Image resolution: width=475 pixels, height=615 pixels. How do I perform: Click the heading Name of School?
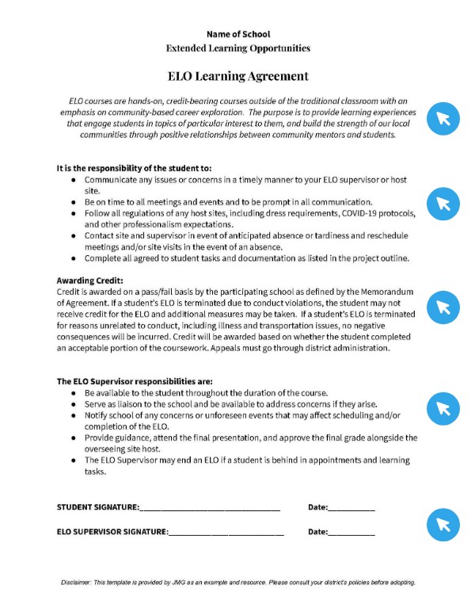pyautogui.click(x=237, y=34)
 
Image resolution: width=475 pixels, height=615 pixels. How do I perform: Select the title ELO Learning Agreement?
pyautogui.click(x=237, y=77)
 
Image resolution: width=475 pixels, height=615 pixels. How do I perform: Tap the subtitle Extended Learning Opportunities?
pyautogui.click(x=237, y=48)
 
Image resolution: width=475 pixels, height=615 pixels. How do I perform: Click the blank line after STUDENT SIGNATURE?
pyautogui.click(x=210, y=508)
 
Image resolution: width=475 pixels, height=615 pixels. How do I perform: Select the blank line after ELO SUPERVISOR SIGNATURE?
pyautogui.click(x=226, y=533)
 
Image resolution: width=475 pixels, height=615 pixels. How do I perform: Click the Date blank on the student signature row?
pyautogui.click(x=351, y=508)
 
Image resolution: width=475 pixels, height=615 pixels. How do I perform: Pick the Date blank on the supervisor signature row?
pyautogui.click(x=351, y=533)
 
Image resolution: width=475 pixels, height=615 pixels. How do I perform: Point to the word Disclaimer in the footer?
pyautogui.click(x=78, y=583)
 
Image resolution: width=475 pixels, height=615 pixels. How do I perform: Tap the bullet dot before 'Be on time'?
pyautogui.click(x=74, y=202)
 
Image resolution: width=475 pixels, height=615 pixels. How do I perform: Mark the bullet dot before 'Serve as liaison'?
pyautogui.click(x=74, y=404)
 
